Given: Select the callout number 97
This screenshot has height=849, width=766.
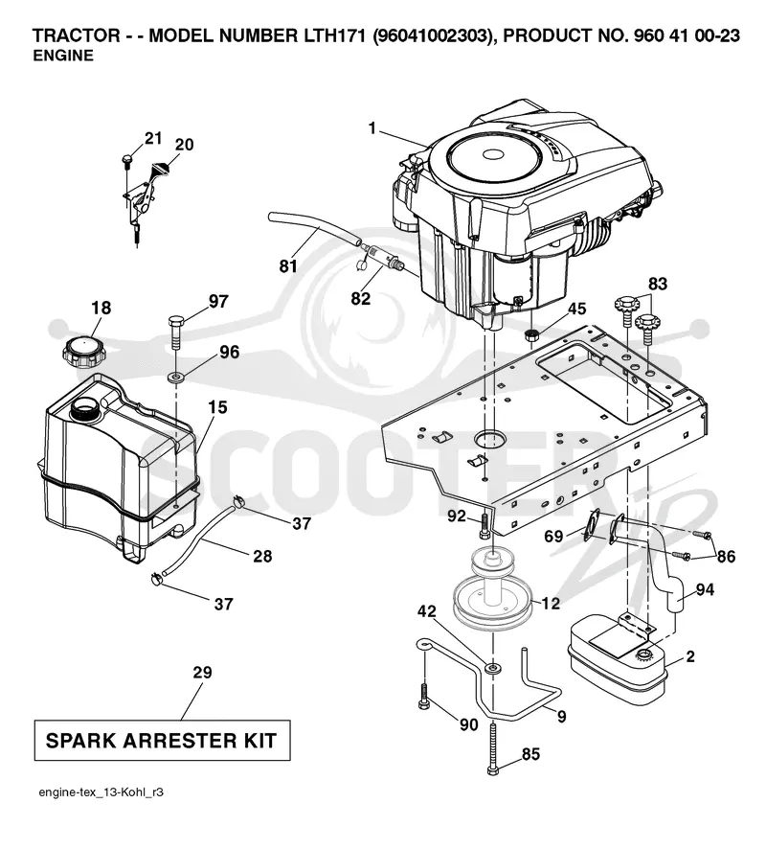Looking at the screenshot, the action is tap(218, 301).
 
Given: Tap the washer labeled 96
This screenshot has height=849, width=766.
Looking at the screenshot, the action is tap(175, 376).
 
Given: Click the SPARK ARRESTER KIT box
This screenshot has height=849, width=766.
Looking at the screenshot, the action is tap(162, 740).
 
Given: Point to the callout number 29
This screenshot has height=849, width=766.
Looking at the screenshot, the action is tap(202, 673).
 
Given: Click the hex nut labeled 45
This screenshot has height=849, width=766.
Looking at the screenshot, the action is tap(531, 334).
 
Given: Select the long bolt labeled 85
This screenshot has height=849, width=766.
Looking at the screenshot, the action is tap(492, 747).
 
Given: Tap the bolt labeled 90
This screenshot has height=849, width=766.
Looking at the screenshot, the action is tap(423, 696).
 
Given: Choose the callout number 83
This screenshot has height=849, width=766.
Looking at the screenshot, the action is tap(658, 284).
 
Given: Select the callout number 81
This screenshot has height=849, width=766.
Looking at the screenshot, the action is tap(288, 266).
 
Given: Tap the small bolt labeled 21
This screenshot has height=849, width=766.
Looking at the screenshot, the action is tap(127, 159).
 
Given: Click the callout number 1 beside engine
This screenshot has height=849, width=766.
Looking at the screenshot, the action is tap(372, 128).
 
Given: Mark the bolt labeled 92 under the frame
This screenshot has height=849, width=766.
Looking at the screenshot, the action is tap(484, 525).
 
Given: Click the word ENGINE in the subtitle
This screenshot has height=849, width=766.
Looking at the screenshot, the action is tap(63, 56).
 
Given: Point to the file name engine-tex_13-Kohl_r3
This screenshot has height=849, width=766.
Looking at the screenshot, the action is tap(101, 792).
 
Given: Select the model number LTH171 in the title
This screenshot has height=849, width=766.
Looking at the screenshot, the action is tap(332, 35).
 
